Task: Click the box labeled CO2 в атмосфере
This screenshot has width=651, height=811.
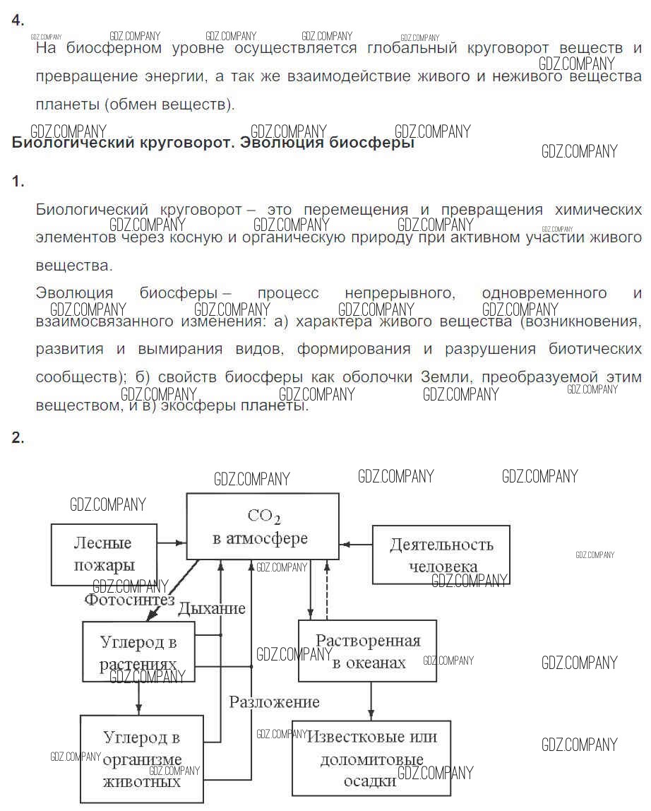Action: point(262,526)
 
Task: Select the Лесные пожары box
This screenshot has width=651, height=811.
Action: point(104,555)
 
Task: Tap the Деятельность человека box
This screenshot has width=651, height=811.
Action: point(441,555)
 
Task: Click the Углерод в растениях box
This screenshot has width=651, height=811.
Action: point(138,651)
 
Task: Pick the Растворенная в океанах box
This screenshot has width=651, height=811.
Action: point(368,651)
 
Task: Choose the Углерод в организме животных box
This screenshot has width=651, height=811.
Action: point(142,759)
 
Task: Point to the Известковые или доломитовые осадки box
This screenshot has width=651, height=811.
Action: point(371,758)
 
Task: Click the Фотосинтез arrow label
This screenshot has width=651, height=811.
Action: point(129,600)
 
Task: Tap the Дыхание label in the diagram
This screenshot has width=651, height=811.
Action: point(212,608)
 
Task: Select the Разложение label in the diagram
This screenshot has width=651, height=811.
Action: point(274,702)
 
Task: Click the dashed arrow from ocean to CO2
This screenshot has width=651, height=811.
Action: point(327,590)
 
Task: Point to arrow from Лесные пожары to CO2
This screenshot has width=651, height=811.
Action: point(172,543)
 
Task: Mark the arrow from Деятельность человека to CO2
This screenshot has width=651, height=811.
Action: point(356,544)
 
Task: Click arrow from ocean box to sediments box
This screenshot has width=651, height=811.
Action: point(371,702)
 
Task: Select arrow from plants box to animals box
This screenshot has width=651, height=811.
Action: point(138,699)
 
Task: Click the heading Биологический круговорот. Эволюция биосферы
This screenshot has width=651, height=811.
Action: point(213,142)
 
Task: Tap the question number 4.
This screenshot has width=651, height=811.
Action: point(18,20)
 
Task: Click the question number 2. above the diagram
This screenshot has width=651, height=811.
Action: point(18,437)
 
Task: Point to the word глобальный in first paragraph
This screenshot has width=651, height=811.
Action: point(412,48)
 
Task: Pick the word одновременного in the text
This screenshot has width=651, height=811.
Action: point(544,293)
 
